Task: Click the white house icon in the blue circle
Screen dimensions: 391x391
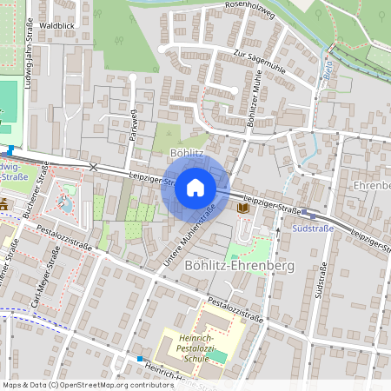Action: pyautogui.click(x=195, y=188)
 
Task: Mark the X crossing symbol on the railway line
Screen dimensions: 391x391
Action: pyautogui.click(x=93, y=166)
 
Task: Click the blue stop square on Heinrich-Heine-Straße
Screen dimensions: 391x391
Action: pyautogui.click(x=139, y=358)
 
